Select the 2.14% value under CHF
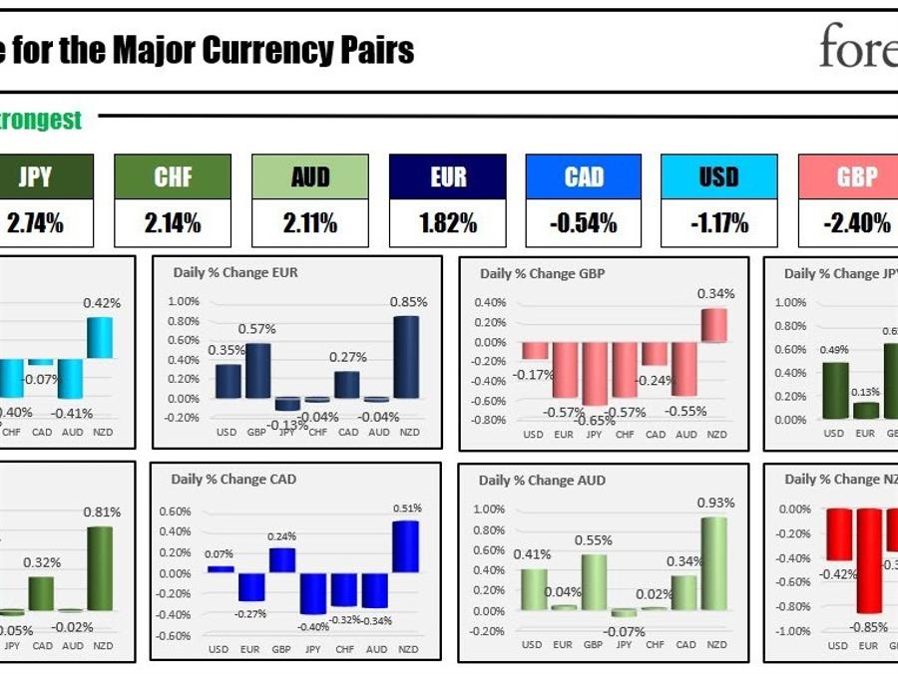coord(173,224)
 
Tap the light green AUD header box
coord(310,177)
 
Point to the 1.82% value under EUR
coord(448,224)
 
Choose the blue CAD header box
coord(584,177)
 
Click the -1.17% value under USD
coord(718,224)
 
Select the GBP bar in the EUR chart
coord(257,371)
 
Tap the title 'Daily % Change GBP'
coord(542,274)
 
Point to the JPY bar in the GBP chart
coord(595,374)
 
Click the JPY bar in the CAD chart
coord(312,593)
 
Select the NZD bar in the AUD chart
coord(714,564)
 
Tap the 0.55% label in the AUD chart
coord(593,540)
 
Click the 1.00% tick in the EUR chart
coord(184,301)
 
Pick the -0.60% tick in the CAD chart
coord(175,636)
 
